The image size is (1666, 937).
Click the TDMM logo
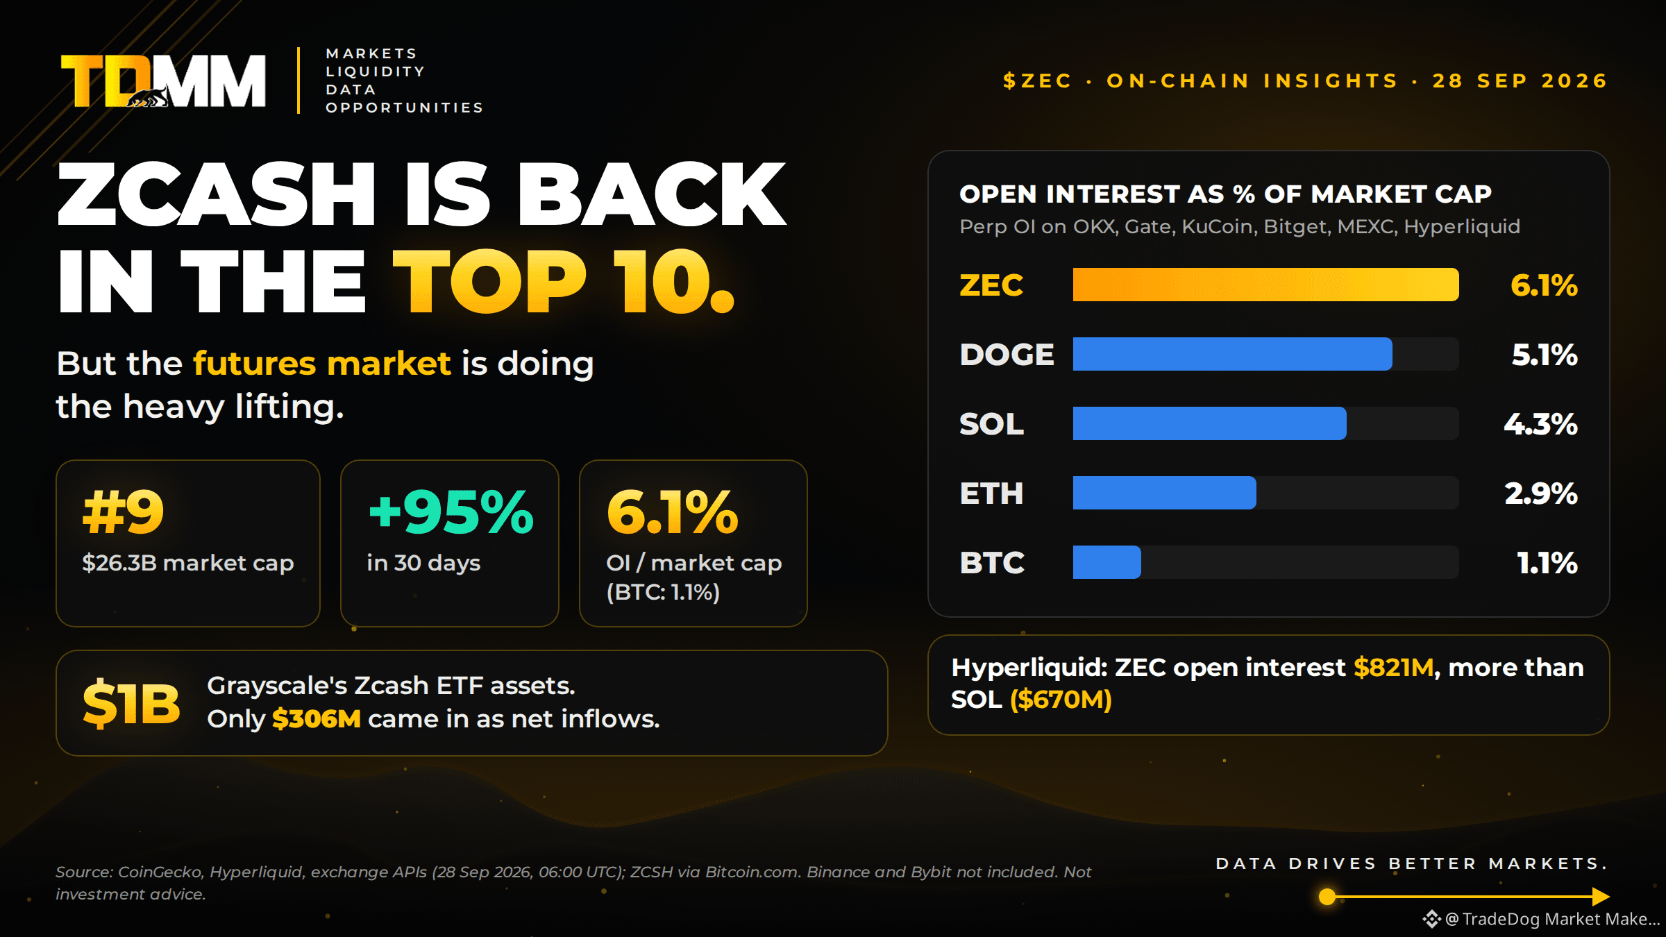tap(163, 81)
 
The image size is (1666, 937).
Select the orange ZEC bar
tap(1265, 285)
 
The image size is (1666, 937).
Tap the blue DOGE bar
tap(1232, 354)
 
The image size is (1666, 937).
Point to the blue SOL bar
tap(1209, 423)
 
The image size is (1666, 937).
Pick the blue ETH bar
tap(1164, 493)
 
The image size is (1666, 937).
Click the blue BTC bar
tap(1107, 562)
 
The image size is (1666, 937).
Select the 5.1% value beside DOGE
tap(1545, 355)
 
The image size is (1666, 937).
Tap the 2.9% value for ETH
tap(1541, 493)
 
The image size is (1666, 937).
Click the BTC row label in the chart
tap(992, 563)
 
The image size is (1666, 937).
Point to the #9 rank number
tap(123, 512)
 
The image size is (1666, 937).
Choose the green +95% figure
tap(451, 512)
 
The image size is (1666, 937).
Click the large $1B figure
tap(131, 704)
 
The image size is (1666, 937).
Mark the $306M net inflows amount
tap(317, 719)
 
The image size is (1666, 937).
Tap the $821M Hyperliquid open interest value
tap(1394, 668)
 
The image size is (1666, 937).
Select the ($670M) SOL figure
tap(1061, 700)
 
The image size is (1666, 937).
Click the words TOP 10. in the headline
tap(564, 281)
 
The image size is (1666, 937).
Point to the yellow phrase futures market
tap(322, 364)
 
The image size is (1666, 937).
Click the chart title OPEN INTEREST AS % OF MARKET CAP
tap(1225, 194)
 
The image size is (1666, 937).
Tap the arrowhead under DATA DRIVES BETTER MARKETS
tap(1600, 897)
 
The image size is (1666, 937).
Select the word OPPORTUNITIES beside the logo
tap(405, 108)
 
